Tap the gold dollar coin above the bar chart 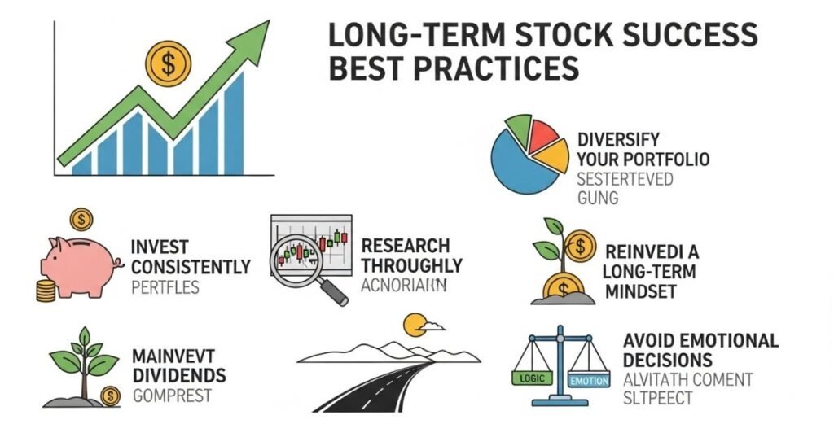click(167, 63)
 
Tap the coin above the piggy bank click(81, 219)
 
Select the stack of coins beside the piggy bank click(46, 291)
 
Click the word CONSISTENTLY click(190, 267)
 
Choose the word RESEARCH click(406, 246)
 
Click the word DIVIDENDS click(179, 376)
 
